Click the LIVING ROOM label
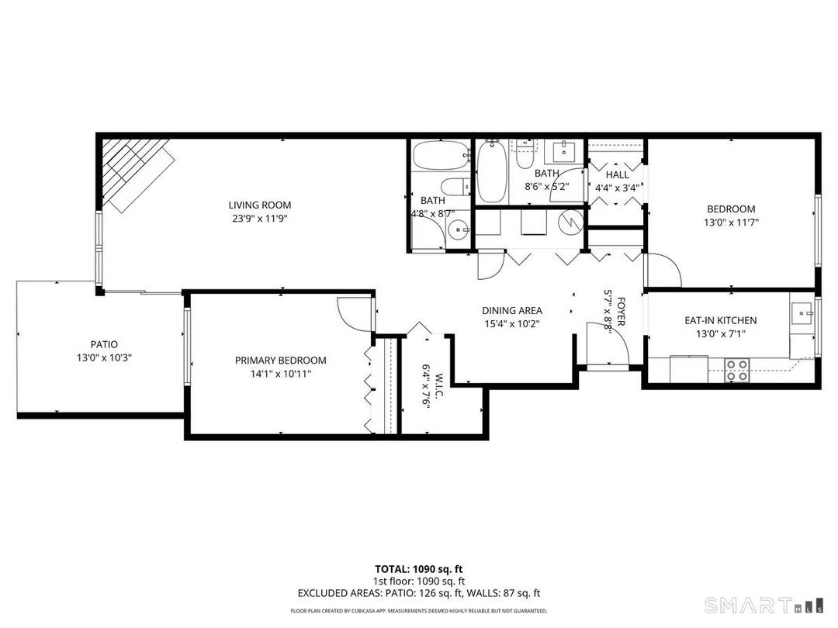pyautogui.click(x=259, y=205)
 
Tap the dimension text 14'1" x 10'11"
pyautogui.click(x=280, y=374)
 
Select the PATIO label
pyautogui.click(x=103, y=344)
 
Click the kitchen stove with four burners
pyautogui.click(x=737, y=369)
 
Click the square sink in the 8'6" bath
pyautogui.click(x=563, y=149)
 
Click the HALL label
pyautogui.click(x=618, y=175)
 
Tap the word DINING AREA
pyautogui.click(x=512, y=311)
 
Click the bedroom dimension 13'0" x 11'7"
pyautogui.click(x=730, y=223)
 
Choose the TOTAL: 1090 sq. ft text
pyautogui.click(x=418, y=569)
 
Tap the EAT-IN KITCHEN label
pyautogui.click(x=720, y=320)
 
